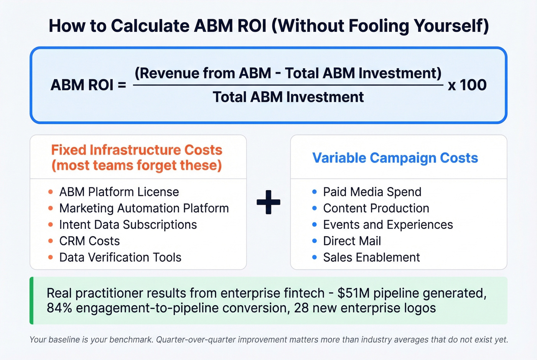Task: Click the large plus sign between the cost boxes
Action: (x=268, y=202)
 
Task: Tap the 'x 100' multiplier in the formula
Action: (x=467, y=85)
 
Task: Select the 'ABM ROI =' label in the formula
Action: (x=88, y=85)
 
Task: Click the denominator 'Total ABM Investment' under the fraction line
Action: (x=288, y=97)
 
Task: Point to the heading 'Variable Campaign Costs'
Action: (x=395, y=158)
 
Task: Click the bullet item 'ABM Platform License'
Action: (x=119, y=192)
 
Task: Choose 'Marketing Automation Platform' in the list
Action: (x=144, y=208)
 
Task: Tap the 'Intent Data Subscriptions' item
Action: (x=128, y=225)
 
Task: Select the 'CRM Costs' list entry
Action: (x=89, y=241)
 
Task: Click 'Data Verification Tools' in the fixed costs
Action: (x=120, y=257)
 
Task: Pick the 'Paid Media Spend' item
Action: (x=372, y=192)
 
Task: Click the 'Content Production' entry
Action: (x=376, y=208)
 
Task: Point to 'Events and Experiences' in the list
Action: (x=388, y=225)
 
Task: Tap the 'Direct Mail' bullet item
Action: (x=352, y=241)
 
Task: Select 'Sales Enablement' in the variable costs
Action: (x=371, y=257)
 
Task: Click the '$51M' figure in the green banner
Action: (x=353, y=293)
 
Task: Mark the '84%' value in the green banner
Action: (x=59, y=308)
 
